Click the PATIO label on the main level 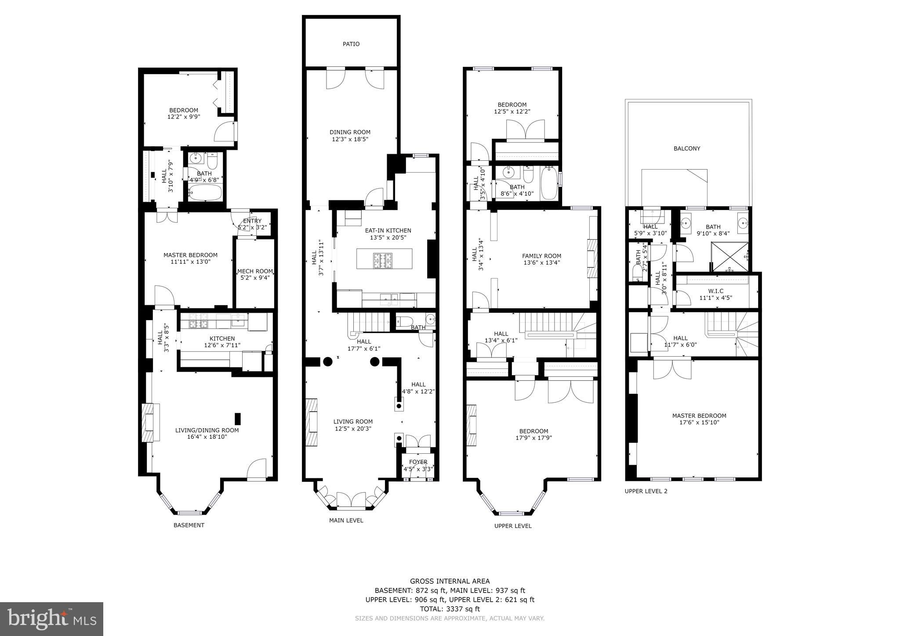[x=351, y=44]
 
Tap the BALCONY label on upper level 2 [x=686, y=148]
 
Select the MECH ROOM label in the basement [x=255, y=271]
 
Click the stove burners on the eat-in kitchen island [x=385, y=261]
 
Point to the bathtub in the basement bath [x=205, y=192]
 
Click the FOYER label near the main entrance [x=418, y=462]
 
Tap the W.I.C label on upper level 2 [x=715, y=291]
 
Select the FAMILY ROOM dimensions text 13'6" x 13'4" [x=541, y=263]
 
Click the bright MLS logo [x=51, y=619]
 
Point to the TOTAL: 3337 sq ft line [x=450, y=609]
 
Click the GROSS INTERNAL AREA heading [x=450, y=581]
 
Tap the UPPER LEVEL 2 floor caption [x=646, y=491]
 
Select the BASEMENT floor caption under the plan [x=189, y=525]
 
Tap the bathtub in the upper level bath [x=549, y=183]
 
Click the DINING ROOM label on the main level [x=350, y=132]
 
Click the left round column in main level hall [x=327, y=361]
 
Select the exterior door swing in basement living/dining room [x=257, y=470]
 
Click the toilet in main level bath [x=404, y=321]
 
